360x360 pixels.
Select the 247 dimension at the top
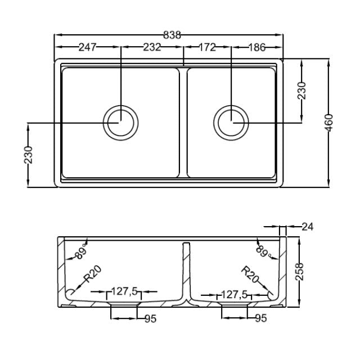(x=88, y=47)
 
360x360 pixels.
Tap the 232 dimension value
(x=151, y=47)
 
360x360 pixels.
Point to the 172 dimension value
(x=207, y=47)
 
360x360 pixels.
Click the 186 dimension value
(x=257, y=47)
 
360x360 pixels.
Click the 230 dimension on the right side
(x=302, y=90)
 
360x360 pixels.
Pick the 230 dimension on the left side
(x=28, y=155)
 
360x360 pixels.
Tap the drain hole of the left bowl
(x=120, y=122)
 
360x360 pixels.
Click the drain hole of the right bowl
(x=231, y=122)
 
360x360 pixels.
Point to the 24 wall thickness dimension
(x=307, y=227)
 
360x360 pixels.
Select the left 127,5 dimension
(x=125, y=291)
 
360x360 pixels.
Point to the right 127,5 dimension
(x=235, y=294)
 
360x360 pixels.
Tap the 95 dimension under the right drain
(x=260, y=319)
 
